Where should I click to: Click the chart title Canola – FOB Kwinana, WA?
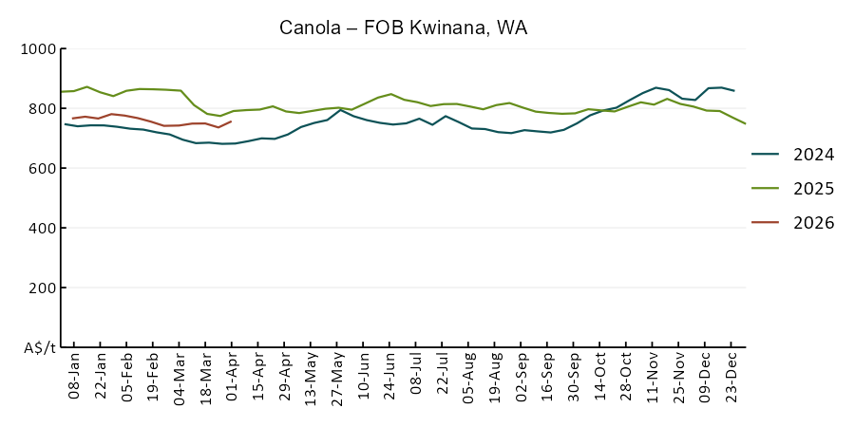(403, 28)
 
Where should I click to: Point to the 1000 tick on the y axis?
(41, 48)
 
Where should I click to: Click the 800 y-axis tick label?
(45, 108)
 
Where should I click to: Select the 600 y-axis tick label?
(45, 168)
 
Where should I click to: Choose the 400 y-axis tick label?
(45, 228)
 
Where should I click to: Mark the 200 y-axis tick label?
(45, 288)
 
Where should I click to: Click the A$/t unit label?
(39, 347)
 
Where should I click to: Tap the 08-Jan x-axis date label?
(74, 380)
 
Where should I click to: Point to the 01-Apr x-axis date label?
(232, 380)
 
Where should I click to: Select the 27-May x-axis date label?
(337, 380)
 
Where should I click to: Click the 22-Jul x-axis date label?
(443, 380)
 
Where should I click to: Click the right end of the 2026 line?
(231, 121)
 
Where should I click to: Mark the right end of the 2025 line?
(746, 124)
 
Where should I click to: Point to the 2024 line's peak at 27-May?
(340, 110)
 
